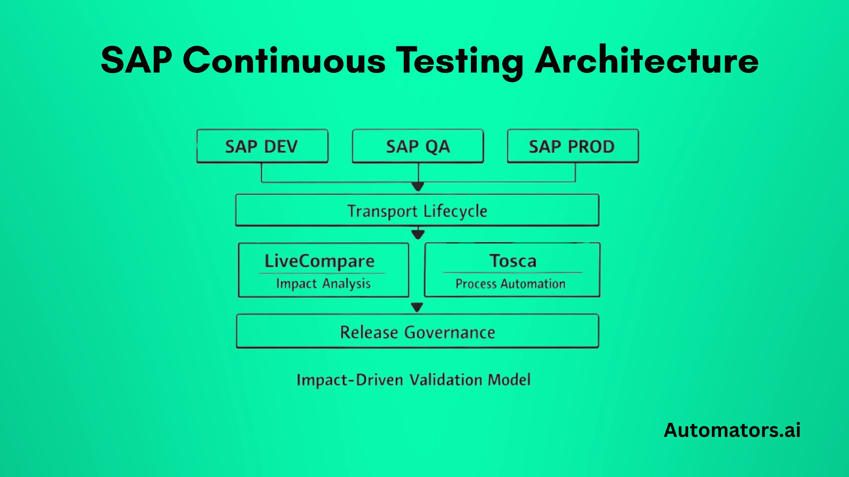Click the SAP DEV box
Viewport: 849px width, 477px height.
point(262,146)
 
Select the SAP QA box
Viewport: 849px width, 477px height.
point(418,146)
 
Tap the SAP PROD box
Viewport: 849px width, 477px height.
point(573,146)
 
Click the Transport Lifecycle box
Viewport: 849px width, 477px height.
point(417,211)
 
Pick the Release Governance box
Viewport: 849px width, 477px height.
point(417,332)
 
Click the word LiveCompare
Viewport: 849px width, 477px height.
point(320,261)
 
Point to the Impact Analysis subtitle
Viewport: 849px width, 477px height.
point(323,284)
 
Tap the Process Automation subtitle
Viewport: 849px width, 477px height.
point(510,284)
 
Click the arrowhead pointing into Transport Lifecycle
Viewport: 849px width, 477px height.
point(418,187)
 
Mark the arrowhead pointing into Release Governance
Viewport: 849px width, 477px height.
point(417,308)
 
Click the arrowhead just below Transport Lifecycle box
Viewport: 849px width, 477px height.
point(418,235)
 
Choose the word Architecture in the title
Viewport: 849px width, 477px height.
point(646,60)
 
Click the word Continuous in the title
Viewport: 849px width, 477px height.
point(284,60)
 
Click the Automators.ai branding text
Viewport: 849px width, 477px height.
point(732,430)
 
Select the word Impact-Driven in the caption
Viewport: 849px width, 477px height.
point(350,380)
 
